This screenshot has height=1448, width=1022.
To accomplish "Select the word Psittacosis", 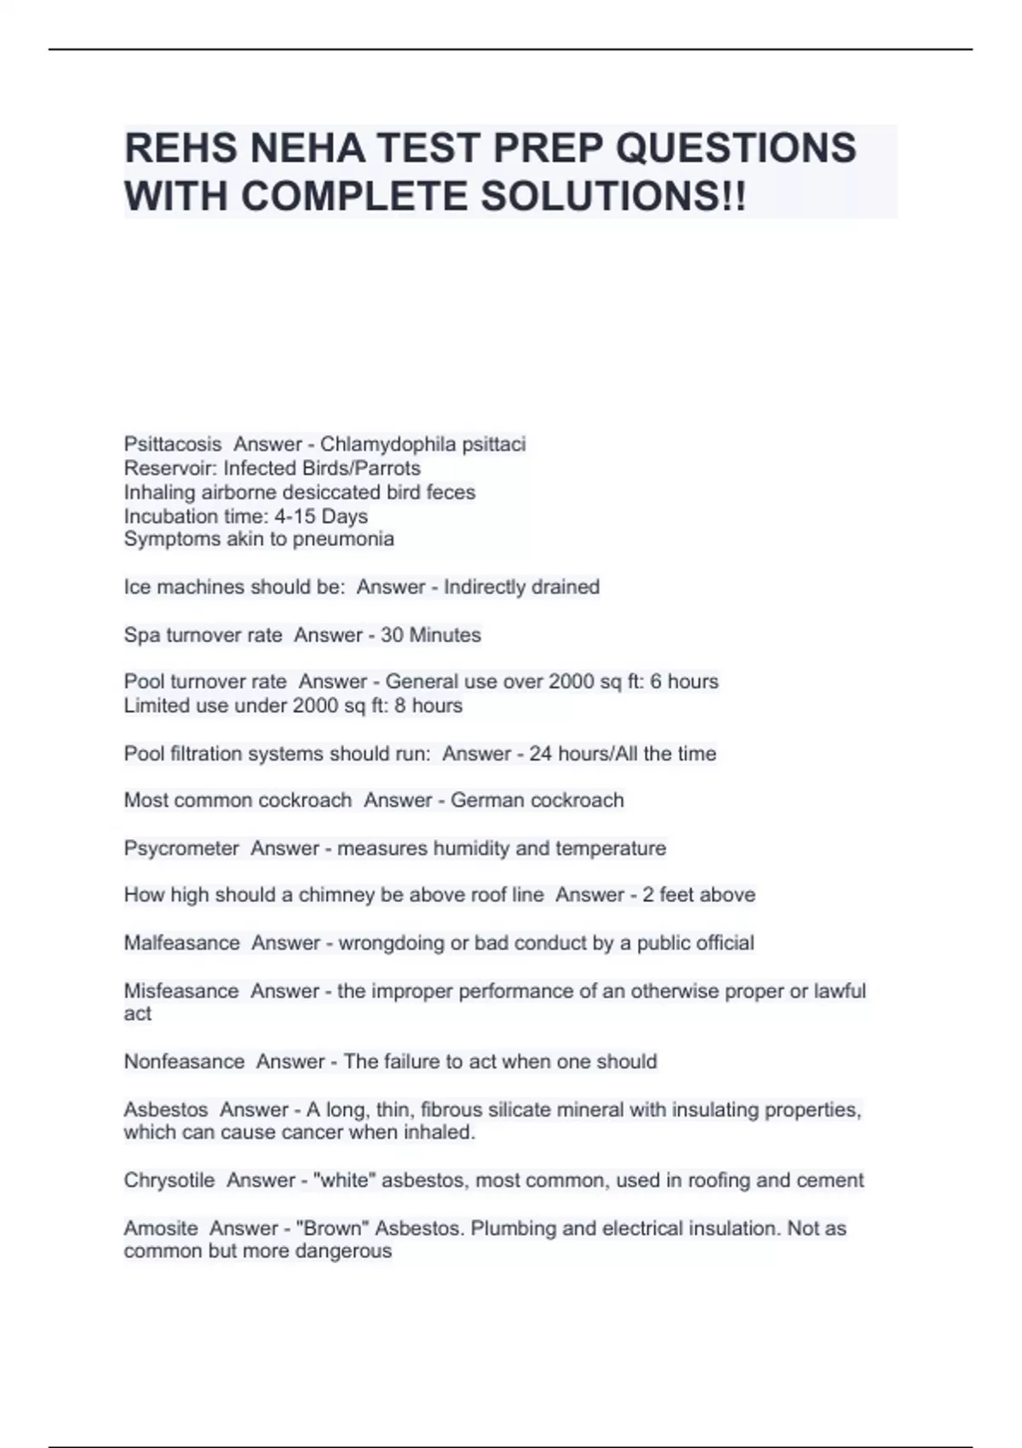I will (173, 445).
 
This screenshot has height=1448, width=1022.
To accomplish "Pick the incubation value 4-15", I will (295, 516).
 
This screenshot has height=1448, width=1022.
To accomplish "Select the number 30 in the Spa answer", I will (392, 635).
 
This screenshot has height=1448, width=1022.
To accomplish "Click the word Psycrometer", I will (181, 848).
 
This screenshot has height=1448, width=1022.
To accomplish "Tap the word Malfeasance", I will (181, 944).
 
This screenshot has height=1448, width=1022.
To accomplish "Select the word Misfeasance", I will (181, 991).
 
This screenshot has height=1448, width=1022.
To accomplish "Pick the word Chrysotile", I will (169, 1181).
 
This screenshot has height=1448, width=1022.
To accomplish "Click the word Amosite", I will (161, 1229).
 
